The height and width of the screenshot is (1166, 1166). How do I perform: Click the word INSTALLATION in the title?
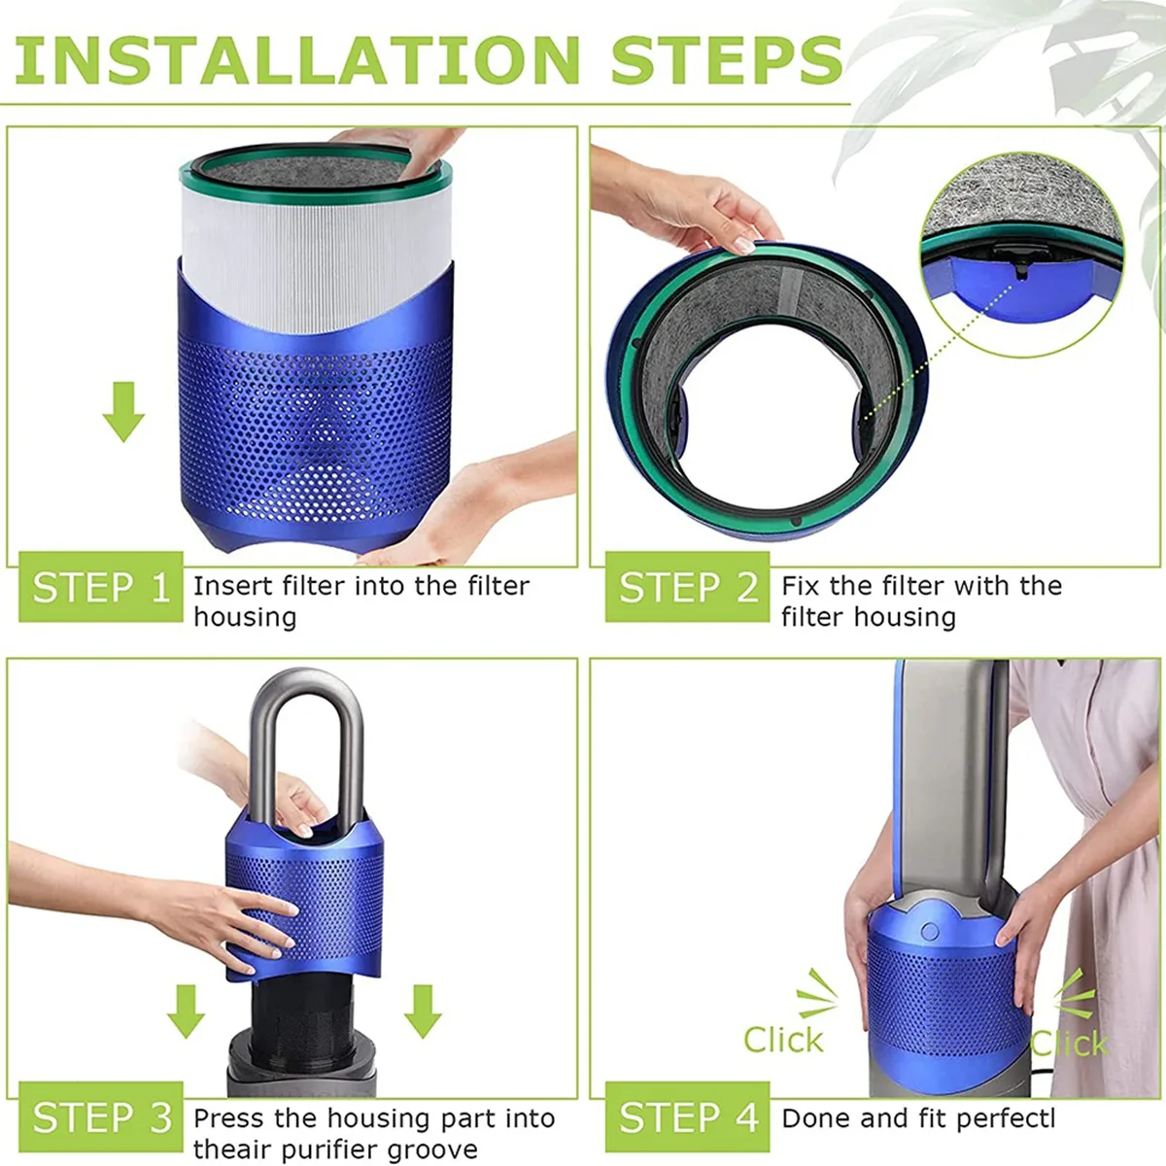297,60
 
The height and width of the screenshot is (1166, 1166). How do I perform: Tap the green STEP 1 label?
101,588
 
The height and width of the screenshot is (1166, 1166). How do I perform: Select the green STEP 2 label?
688,588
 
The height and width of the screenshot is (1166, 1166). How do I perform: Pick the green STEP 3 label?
101,1117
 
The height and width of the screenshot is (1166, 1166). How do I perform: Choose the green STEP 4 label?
688,1117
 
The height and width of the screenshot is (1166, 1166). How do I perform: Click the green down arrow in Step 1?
123,412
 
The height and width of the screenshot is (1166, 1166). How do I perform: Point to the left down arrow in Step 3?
186,1012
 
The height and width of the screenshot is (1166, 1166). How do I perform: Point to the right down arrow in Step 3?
423,1012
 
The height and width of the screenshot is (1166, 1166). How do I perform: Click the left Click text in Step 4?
783,1040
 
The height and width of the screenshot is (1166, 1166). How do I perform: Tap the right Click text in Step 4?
1069,1044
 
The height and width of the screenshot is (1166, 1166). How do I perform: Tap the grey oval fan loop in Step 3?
307,738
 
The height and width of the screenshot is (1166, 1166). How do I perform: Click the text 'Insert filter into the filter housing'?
360,601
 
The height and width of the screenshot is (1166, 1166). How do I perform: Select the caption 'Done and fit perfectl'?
918,1118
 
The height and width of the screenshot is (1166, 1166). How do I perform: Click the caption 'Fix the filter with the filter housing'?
921,601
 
